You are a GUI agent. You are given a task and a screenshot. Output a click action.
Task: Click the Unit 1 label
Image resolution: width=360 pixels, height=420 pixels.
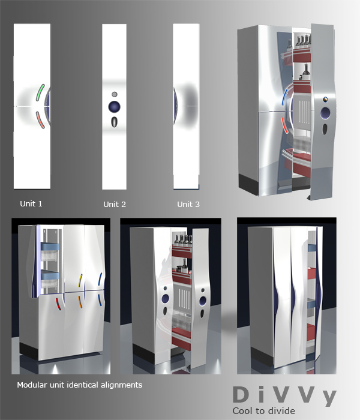[x=31, y=204]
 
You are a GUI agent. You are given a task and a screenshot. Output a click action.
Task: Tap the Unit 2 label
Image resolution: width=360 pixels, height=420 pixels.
[x=115, y=205]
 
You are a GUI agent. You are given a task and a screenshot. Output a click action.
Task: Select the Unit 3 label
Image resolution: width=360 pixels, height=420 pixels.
[x=188, y=205]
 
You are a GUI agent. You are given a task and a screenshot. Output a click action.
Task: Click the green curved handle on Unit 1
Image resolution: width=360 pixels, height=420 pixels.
[x=40, y=92]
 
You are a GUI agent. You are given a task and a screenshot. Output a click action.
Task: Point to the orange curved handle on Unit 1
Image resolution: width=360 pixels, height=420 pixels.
[x=40, y=120]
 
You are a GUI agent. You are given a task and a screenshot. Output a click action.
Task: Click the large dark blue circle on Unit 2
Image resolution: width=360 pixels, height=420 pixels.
[x=115, y=107]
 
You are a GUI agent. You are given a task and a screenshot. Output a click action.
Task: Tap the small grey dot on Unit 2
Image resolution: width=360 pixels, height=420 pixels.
[x=115, y=94]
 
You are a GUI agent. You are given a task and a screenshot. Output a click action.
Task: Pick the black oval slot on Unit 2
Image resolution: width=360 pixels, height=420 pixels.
[x=115, y=122]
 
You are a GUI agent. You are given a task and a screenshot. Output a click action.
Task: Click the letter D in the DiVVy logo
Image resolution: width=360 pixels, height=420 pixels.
[x=241, y=395]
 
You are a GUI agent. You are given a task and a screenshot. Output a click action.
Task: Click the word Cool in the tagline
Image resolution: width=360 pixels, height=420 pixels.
[x=242, y=410]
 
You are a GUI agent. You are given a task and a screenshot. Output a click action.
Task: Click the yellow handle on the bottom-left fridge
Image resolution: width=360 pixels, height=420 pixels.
[x=80, y=280]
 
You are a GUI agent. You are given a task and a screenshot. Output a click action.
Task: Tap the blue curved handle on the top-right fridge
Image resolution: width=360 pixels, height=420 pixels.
[x=285, y=97]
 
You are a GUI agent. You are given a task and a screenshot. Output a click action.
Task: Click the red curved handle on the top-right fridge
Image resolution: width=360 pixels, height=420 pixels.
[x=284, y=125]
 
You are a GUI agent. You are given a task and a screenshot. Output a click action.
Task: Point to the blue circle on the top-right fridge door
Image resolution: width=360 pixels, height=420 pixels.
[x=325, y=113]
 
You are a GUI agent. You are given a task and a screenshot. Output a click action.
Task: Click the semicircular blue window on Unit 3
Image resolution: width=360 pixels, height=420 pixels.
[x=175, y=106]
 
